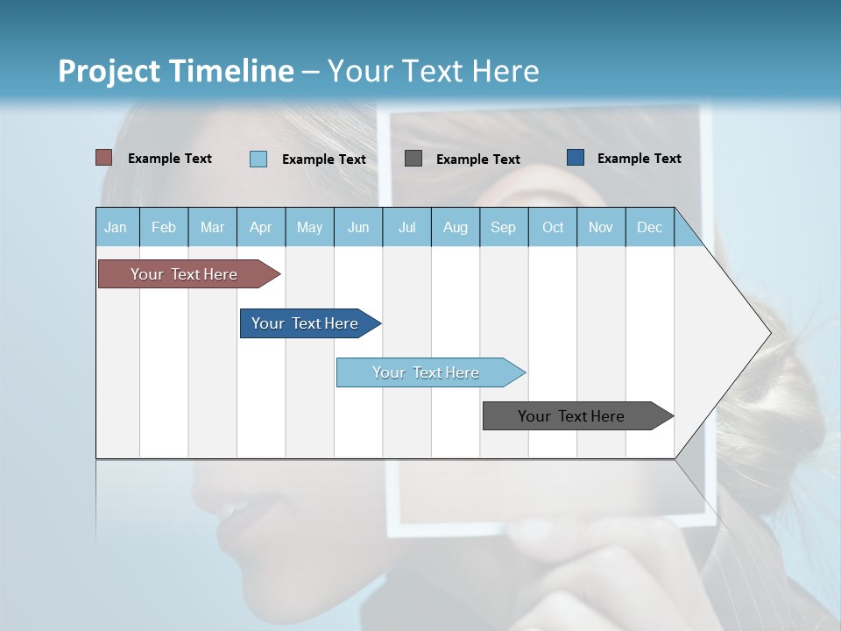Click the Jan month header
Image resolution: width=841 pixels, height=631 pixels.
coord(116,227)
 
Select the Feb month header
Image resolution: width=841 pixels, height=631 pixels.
coord(164,227)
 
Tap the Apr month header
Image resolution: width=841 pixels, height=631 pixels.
coord(260,227)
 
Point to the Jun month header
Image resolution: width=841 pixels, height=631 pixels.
coord(358,227)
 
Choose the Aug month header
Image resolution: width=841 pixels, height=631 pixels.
coord(456,227)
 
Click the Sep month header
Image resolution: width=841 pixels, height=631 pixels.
coord(503,227)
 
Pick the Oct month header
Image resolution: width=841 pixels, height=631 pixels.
coord(553,227)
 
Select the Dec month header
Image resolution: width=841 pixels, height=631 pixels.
coord(649,227)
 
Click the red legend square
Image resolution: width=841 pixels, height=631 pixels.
coord(104,158)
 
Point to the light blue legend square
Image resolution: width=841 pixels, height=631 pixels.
coord(258,159)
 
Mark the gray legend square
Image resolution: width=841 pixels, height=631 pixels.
coord(413,158)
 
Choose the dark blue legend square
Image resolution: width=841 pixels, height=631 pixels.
coord(576,158)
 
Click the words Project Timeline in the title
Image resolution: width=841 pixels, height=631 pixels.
coord(176,71)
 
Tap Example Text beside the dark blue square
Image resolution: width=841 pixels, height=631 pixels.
coord(639,159)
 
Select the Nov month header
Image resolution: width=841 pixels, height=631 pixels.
coord(601,227)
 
